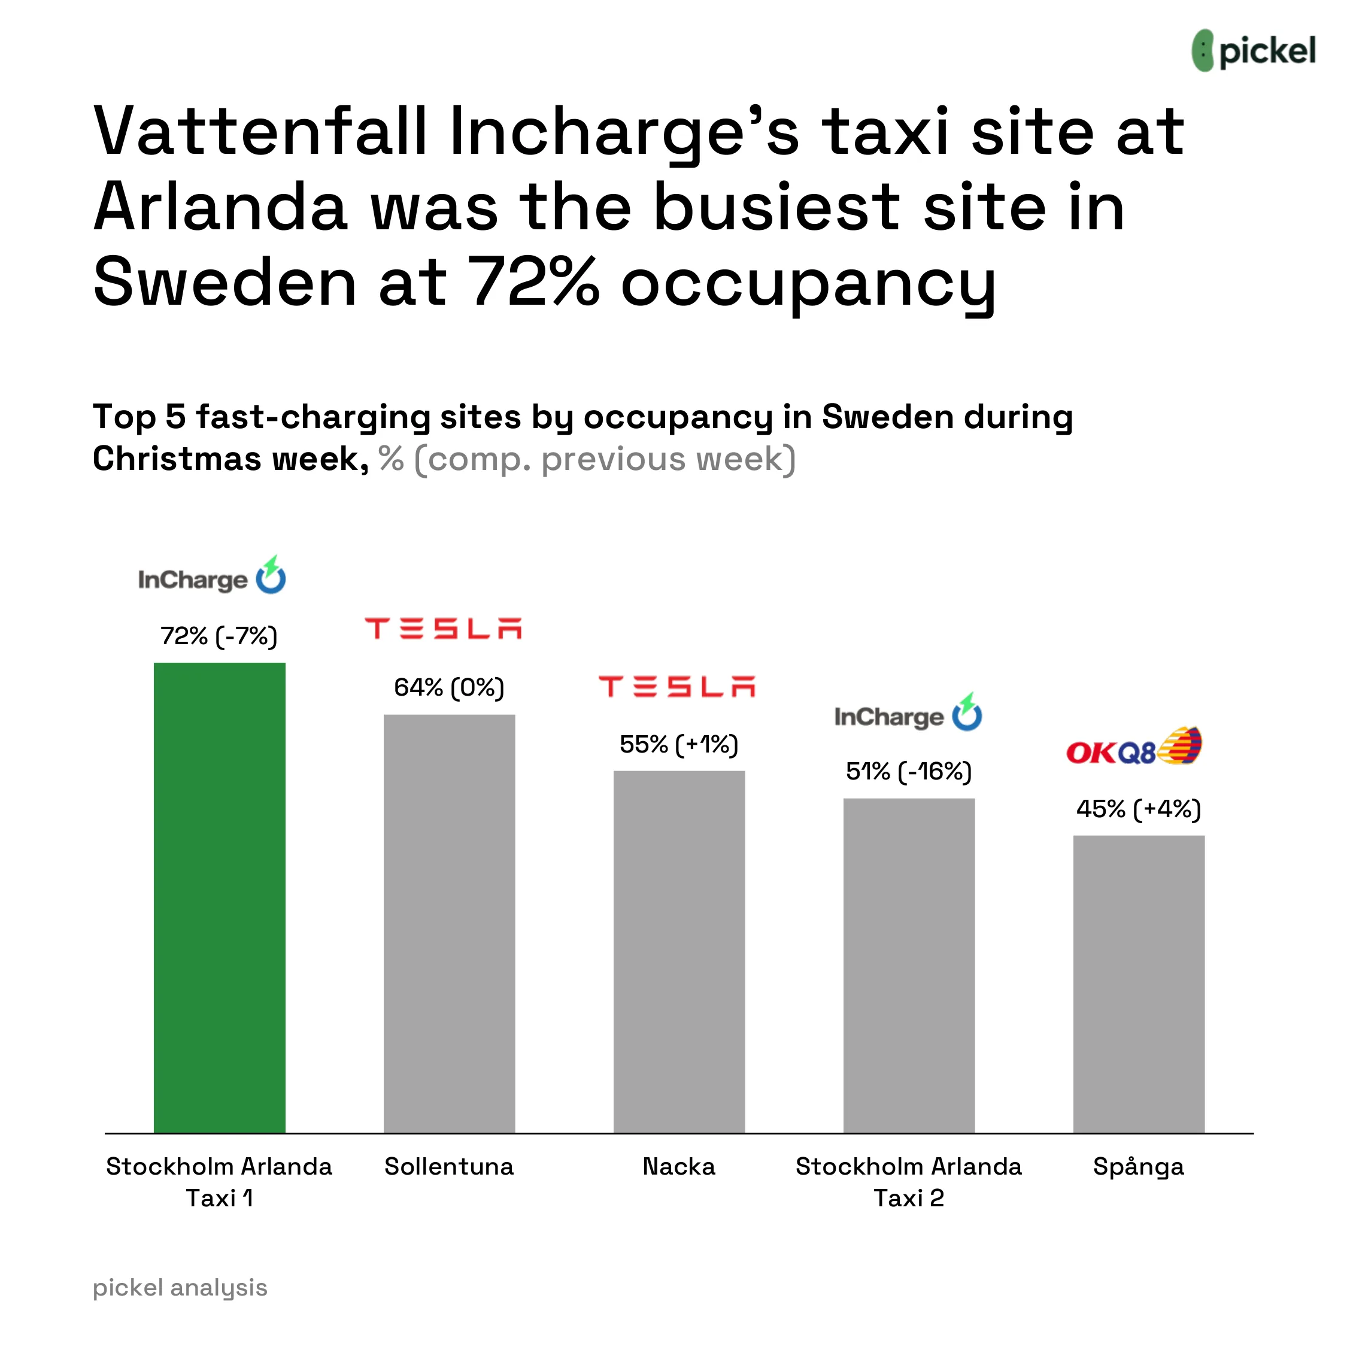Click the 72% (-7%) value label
219,636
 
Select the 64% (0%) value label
449,687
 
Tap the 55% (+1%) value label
678,744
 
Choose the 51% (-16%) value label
908,771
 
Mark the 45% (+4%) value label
1139,809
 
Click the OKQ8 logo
1134,746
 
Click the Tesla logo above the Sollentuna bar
444,628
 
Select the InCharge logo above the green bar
212,577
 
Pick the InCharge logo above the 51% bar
908,714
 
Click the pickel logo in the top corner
1253,51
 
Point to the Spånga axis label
1139,1166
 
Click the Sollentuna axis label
449,1166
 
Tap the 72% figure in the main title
533,283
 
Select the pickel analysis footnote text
180,1287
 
